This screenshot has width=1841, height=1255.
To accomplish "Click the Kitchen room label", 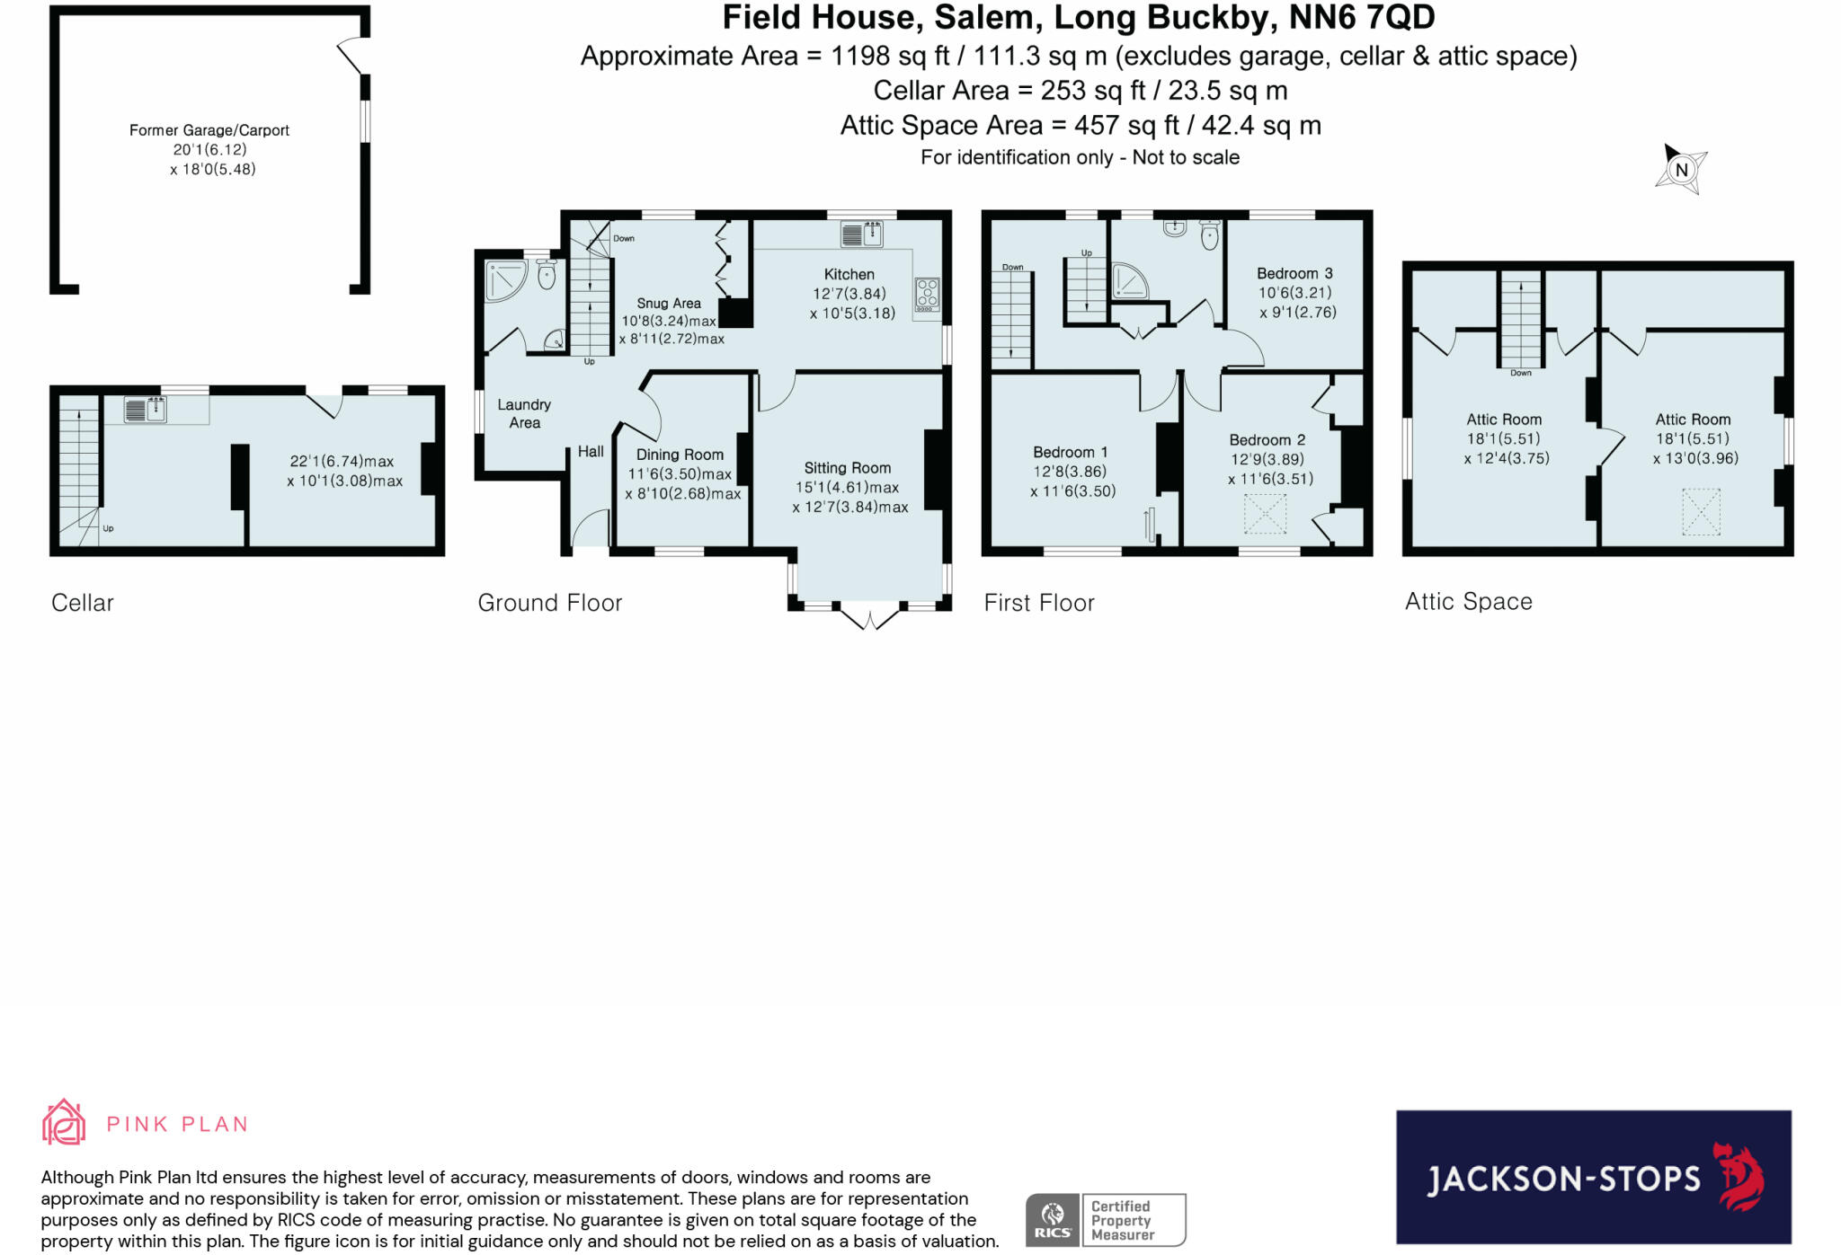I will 849,274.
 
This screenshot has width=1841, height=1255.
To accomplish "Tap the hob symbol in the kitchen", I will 927,294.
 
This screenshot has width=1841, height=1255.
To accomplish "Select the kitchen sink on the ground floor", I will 861,234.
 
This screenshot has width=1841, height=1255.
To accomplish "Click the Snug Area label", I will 668,303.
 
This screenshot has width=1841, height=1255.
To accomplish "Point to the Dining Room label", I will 679,455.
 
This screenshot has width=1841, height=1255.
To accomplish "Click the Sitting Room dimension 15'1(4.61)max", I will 847,487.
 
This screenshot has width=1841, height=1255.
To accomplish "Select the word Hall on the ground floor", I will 591,451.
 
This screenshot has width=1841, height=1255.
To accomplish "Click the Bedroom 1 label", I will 1070,452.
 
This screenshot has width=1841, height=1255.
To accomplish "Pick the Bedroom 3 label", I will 1294,273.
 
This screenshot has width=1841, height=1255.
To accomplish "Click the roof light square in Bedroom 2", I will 1264,513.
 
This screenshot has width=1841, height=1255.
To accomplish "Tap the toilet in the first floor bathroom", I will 1210,234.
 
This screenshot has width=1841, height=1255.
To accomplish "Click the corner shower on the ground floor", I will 505,279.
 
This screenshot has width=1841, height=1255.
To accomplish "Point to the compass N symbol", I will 1680,169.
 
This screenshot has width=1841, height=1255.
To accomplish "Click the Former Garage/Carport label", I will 209,130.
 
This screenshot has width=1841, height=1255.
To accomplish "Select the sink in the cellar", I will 145,409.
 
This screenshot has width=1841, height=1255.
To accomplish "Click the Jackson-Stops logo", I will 1593,1177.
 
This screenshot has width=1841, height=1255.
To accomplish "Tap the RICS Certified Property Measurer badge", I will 1105,1220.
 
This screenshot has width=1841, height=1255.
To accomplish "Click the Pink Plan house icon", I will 64,1122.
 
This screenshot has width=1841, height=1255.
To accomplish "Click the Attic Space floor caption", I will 1468,601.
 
